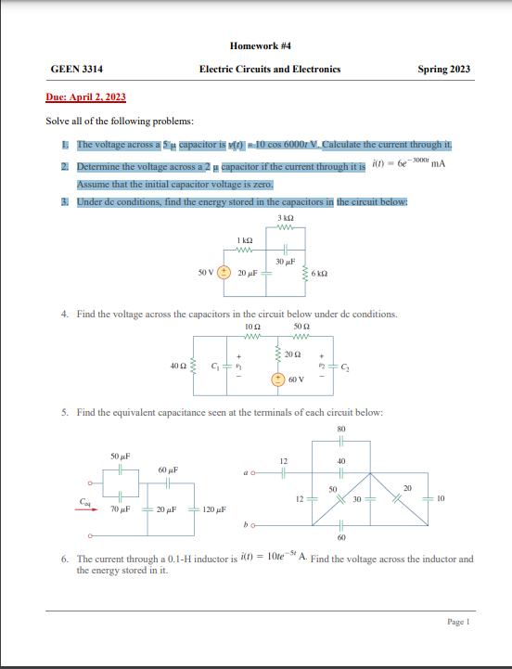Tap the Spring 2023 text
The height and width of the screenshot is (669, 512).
(443, 70)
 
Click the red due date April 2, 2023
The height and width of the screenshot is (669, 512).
(86, 97)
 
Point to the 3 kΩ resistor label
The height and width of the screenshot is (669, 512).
(285, 218)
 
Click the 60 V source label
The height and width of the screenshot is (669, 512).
(297, 380)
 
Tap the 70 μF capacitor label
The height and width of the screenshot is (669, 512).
(118, 510)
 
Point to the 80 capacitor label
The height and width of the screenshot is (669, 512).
(340, 429)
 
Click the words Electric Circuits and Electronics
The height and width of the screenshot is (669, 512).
(269, 70)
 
